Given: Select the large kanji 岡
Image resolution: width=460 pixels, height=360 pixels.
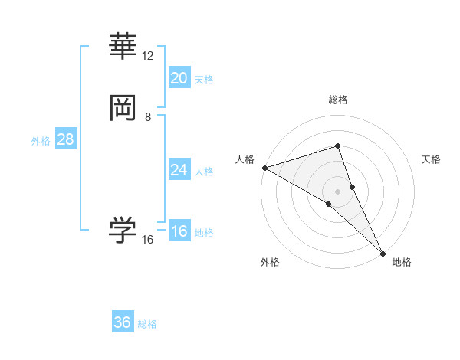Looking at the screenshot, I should (123, 109).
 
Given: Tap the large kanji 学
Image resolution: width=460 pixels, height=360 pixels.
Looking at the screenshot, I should (123, 230).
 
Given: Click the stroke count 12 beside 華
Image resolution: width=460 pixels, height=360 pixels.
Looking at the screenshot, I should (148, 56).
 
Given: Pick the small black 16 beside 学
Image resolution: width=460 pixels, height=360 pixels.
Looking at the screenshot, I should (148, 240).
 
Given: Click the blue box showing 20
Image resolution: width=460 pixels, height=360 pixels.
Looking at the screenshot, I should (179, 78).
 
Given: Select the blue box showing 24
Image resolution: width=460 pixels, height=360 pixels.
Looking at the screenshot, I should (179, 170).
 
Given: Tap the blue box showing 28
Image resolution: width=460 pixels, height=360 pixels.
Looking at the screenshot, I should (65, 140).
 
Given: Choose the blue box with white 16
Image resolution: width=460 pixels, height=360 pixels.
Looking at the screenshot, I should (179, 232).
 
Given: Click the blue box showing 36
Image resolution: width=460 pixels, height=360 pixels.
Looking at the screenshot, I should (123, 322).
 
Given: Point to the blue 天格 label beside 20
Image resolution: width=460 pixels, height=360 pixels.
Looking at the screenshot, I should (204, 80).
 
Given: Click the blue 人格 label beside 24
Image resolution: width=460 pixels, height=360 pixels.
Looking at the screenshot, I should (204, 172).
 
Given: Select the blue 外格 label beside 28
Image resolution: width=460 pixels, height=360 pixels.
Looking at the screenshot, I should (41, 141).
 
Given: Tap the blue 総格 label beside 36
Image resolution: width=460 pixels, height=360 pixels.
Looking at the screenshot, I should (147, 324).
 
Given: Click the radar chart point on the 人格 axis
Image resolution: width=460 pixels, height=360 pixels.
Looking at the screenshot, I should (264, 168).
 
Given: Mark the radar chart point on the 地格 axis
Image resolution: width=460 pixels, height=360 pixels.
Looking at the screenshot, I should (383, 252).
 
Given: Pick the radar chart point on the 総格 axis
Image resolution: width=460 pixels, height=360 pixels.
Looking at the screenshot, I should (337, 146).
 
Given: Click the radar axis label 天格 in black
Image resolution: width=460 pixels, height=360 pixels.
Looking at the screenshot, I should (432, 159).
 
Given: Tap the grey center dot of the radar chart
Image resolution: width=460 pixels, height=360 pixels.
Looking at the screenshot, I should (337, 191).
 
